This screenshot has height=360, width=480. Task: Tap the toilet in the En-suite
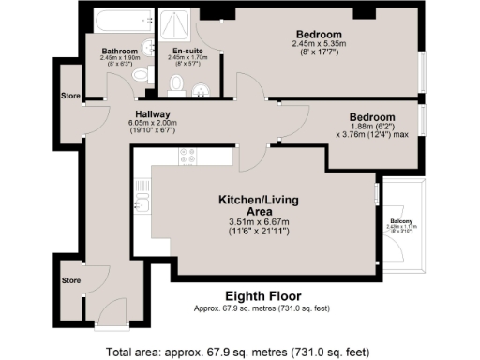[x=177, y=86]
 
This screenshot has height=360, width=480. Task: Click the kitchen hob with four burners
[x=187, y=157]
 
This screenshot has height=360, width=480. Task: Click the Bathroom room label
[x=120, y=51]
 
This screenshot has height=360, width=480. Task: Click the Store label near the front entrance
[x=72, y=279]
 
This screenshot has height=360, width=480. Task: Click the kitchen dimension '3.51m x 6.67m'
[x=255, y=222]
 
